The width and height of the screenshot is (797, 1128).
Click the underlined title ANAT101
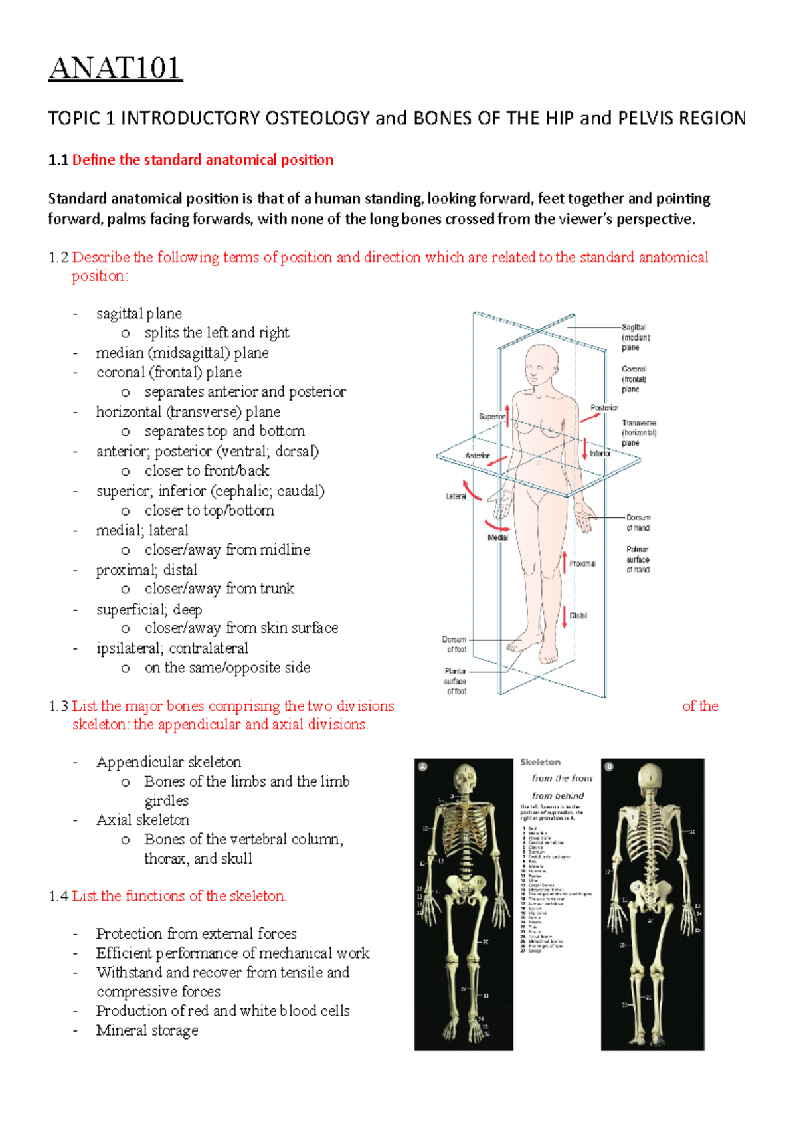click(x=115, y=68)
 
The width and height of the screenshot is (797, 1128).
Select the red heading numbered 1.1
click(x=203, y=160)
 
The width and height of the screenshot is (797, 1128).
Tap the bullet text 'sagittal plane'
click(x=139, y=314)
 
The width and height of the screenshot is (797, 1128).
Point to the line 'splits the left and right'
click(x=217, y=333)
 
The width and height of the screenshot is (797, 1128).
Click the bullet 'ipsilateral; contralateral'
click(x=172, y=648)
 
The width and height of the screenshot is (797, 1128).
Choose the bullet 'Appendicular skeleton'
click(x=169, y=762)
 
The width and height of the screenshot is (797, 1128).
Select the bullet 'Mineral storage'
click(x=147, y=1030)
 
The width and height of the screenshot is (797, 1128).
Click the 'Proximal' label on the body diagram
click(x=582, y=563)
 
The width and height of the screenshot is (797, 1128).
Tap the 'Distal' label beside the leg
click(x=578, y=616)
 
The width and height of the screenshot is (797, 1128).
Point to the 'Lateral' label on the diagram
click(x=456, y=496)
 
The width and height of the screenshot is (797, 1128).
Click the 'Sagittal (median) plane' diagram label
click(x=634, y=337)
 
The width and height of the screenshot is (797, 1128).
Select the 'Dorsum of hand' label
click(x=638, y=523)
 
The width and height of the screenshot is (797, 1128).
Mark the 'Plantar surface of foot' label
click(x=456, y=681)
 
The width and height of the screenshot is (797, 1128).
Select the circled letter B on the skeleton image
click(x=609, y=767)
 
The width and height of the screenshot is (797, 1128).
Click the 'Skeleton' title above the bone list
click(x=540, y=762)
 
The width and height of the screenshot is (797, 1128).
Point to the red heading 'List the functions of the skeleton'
click(x=179, y=896)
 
